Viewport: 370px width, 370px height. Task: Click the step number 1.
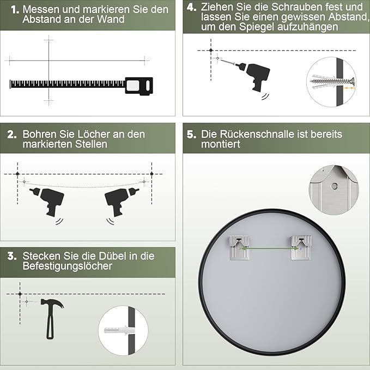tap(15, 10)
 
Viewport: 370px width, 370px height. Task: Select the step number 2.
tap(12, 135)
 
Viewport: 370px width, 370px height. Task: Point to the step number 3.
tap(12, 256)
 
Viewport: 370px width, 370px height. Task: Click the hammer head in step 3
tap(52, 303)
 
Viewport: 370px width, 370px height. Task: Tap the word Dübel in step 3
tap(112, 256)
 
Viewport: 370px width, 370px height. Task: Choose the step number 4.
tap(191, 7)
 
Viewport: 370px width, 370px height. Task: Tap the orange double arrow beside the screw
tap(349, 88)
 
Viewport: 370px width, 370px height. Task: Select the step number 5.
tap(191, 134)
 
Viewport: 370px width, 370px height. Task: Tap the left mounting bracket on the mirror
tap(239, 247)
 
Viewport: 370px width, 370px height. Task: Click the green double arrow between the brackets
tap(270, 248)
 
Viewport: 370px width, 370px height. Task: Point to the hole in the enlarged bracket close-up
tap(334, 186)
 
